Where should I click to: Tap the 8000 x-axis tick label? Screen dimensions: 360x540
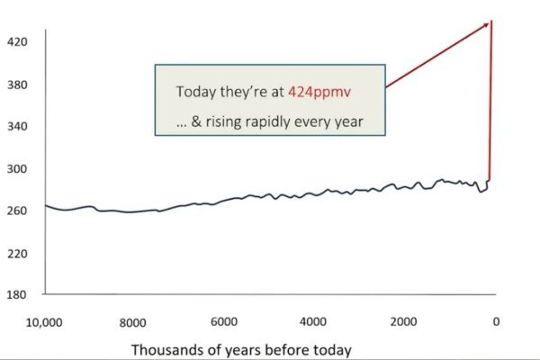pyautogui.click(x=132, y=321)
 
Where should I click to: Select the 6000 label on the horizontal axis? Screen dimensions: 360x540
pyautogui.click(x=223, y=321)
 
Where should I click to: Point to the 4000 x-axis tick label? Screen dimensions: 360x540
pyautogui.click(x=312, y=321)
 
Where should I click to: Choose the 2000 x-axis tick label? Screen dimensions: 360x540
pyautogui.click(x=402, y=321)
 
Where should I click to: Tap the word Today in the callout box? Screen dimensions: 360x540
pyautogui.click(x=195, y=93)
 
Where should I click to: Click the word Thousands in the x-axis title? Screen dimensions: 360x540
pyautogui.click(x=169, y=348)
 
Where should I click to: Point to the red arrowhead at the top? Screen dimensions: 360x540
pyautogui.click(x=490, y=22)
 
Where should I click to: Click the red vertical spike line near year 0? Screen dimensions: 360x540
pyautogui.click(x=490, y=108)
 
